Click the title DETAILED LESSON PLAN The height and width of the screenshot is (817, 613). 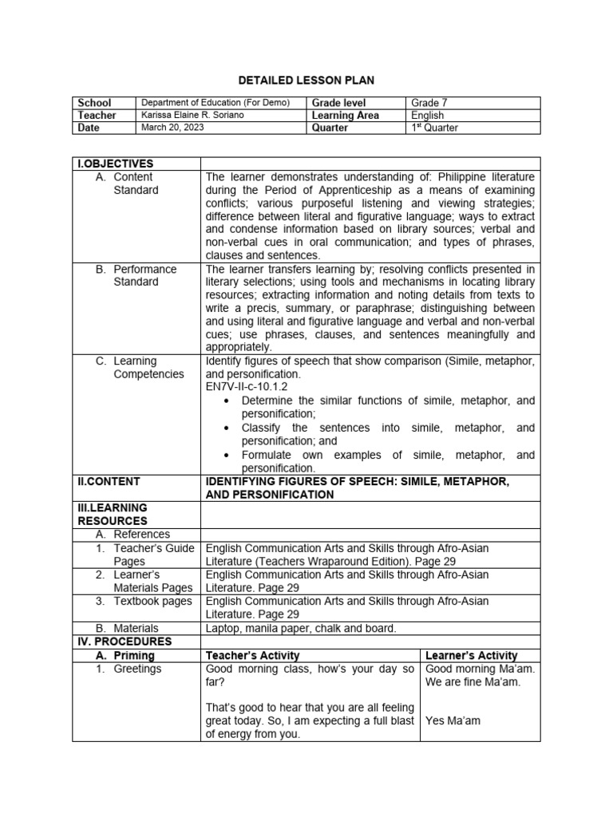pos(306,81)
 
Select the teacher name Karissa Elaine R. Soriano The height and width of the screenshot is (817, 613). pos(193,115)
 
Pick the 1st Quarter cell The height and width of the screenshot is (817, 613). pos(435,127)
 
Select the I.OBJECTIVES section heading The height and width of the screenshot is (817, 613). pos(115,164)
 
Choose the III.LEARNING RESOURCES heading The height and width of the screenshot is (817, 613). pos(113,514)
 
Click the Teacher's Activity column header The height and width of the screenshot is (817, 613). pos(253,655)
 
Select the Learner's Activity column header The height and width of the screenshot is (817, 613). pos(471,655)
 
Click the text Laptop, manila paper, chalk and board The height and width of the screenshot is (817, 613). pos(301,628)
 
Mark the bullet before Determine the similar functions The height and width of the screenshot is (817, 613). pos(228,401)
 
